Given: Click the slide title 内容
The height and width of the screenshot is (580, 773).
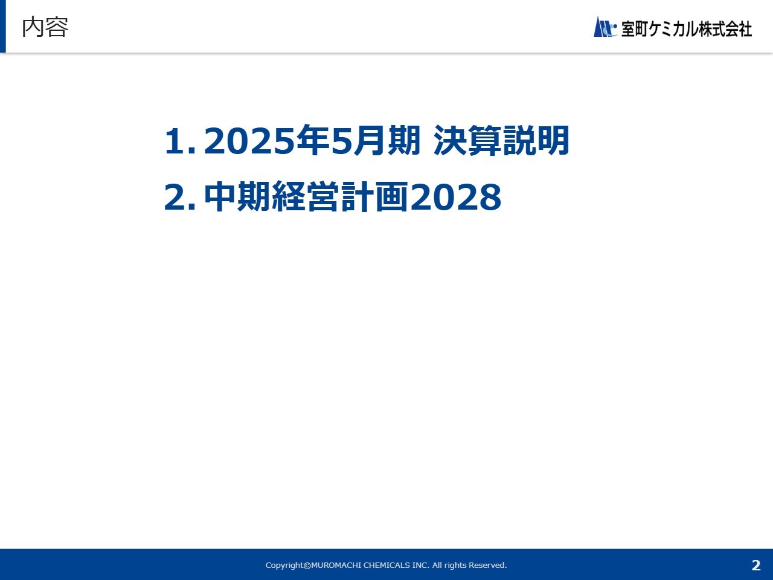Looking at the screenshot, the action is coord(45,27).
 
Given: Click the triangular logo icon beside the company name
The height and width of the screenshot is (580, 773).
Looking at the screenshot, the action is coord(605,27).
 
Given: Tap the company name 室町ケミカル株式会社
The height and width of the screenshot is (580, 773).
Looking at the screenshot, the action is coord(687,29).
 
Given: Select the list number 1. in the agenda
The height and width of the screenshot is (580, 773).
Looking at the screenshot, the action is coord(179,141).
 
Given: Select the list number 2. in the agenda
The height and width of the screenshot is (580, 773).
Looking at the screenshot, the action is coord(179,197).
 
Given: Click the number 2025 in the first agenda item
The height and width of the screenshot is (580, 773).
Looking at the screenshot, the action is coord(249,141).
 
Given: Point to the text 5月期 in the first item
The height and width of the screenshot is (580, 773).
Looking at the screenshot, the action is coord(376,141).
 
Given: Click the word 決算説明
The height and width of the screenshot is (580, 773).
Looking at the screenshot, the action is coord(501,141).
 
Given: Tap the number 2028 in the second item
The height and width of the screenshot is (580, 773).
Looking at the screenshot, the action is coord(456,197).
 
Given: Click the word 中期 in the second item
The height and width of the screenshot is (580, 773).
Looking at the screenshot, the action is coord(237,196).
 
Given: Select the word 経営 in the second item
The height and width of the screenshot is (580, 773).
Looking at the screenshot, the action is coord(306,196).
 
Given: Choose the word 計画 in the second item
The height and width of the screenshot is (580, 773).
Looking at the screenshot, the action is coord(374,196).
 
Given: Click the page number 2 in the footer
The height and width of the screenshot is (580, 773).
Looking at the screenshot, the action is coord(756,565).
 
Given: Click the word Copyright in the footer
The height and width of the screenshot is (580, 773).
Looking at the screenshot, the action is coord(284,565).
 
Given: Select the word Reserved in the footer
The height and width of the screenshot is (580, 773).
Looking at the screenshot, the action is coord(488,565).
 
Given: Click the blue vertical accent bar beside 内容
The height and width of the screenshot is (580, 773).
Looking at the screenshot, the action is coord(3,26).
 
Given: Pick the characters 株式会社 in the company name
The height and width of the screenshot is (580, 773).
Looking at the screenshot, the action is coord(725,29).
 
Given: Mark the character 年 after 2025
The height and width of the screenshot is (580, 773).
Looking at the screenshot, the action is coord(313,141).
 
